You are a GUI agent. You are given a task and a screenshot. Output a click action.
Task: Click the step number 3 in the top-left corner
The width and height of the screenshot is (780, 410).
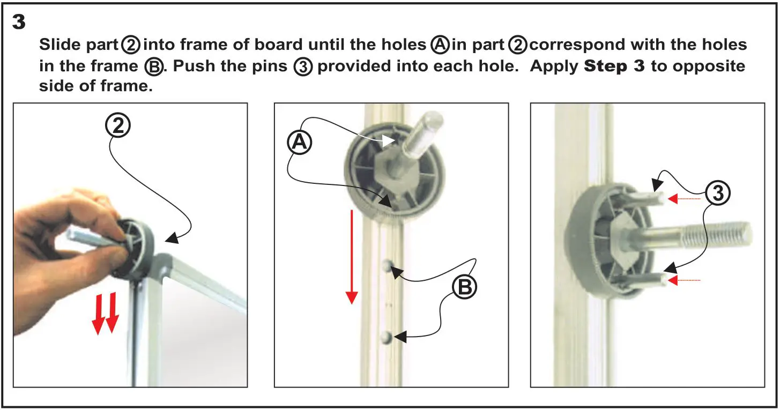click(19, 23)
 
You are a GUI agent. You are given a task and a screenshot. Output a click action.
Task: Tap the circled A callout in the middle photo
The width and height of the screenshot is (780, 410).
click(300, 142)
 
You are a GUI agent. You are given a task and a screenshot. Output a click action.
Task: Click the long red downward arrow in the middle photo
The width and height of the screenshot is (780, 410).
click(351, 257)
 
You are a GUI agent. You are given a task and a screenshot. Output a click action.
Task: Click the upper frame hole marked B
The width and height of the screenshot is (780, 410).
click(388, 265)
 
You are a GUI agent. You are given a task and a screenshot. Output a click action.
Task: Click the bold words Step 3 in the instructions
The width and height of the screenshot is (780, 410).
click(614, 66)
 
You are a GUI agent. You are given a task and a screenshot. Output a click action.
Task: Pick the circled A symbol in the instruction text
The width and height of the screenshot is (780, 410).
click(440, 45)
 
